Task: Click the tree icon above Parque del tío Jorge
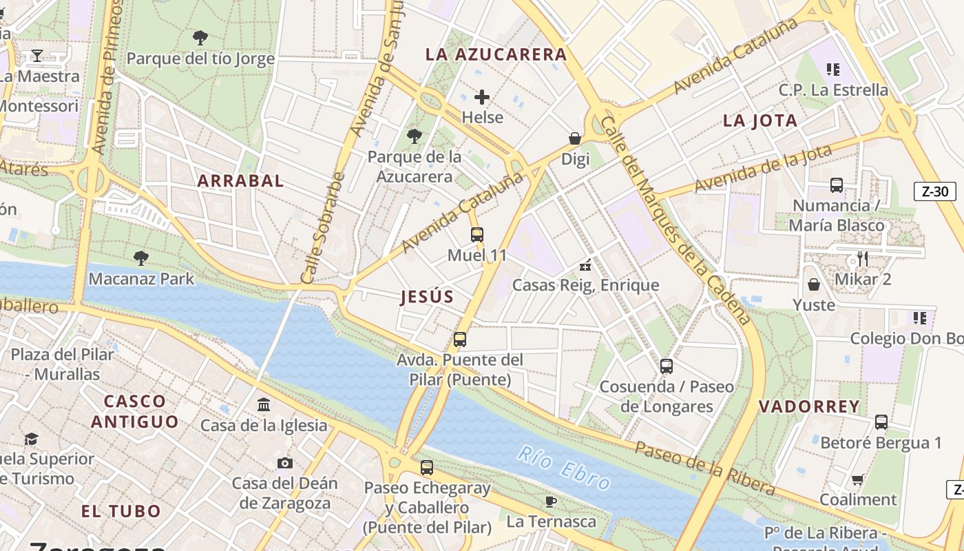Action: pos(200,37)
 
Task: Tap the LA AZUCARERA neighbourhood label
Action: pos(496,54)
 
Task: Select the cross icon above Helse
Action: pos(482,97)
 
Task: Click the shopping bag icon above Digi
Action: pos(575,138)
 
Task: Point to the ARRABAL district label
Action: pos(240,181)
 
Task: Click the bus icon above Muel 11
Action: pos(477,235)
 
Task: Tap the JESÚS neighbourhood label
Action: pos(427,297)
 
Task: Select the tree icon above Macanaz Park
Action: pos(141,258)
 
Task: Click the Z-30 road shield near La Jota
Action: pos(934,191)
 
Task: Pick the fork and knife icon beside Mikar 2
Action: pos(862,258)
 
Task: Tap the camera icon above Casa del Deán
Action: pos(284,463)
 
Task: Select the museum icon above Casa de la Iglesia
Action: pos(264,405)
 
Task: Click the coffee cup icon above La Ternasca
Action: pos(551,501)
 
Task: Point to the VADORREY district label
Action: pos(809,406)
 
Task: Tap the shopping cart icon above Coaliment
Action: pos(858,479)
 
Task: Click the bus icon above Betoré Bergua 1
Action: pos(881,422)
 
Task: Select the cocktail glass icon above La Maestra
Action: pos(37,55)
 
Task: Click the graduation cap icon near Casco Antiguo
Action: pos(31,439)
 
